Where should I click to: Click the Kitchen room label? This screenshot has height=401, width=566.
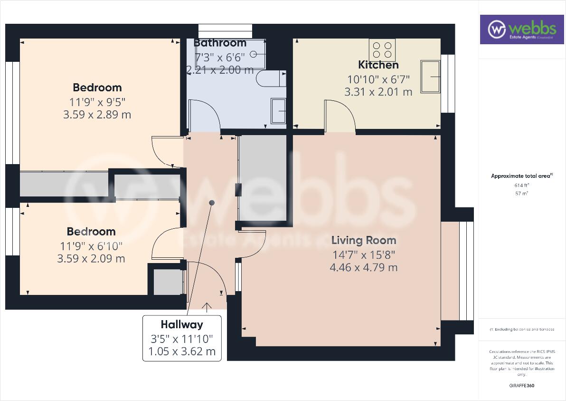click(378, 65)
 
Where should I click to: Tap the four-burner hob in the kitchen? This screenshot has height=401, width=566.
click(382, 50)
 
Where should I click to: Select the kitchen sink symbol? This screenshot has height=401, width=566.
click(430, 76)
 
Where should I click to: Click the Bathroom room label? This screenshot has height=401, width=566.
click(220, 43)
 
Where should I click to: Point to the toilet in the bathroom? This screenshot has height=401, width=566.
click(271, 78)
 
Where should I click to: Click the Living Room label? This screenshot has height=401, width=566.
click(363, 240)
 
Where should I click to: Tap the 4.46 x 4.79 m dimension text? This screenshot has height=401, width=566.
click(363, 268)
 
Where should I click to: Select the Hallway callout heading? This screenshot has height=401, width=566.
click(181, 325)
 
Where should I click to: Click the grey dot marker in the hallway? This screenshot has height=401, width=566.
click(212, 203)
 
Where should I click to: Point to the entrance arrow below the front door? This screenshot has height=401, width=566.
click(207, 307)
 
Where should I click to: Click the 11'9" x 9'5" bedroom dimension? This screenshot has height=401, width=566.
click(97, 101)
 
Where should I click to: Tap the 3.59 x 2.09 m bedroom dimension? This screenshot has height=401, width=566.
click(91, 259)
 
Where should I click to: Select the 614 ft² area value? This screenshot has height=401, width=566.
click(521, 186)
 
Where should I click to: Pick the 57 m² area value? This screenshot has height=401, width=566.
click(521, 194)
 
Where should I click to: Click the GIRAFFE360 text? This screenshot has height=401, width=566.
click(521, 386)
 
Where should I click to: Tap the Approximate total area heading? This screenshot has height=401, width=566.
click(521, 176)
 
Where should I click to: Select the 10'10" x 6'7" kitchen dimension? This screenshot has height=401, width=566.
click(378, 79)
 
